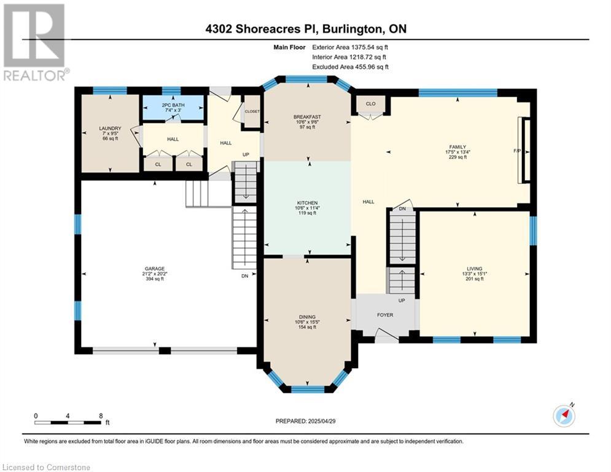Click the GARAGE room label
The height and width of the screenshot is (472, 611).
(x=155, y=269)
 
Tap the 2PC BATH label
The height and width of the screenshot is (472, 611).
(x=173, y=105)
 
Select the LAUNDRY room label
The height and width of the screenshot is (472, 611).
(x=111, y=128)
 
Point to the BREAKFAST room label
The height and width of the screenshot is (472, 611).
(x=307, y=117)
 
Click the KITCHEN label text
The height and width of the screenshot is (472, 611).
(x=307, y=203)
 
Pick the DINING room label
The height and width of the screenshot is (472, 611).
(x=307, y=317)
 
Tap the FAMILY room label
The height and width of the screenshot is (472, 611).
(x=457, y=147)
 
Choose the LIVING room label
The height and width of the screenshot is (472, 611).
(x=475, y=269)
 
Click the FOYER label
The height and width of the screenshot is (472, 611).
(x=385, y=315)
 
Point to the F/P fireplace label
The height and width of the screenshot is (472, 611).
(x=518, y=151)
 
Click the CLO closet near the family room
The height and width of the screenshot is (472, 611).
(x=370, y=104)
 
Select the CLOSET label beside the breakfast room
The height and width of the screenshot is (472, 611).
(x=252, y=112)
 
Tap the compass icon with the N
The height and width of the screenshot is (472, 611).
(x=564, y=415)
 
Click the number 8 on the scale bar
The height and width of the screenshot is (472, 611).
(x=101, y=416)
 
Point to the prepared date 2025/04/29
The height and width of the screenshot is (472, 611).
(x=322, y=421)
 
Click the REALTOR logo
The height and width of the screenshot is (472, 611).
(x=36, y=42)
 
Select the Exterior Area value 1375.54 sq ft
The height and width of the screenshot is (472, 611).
(x=370, y=47)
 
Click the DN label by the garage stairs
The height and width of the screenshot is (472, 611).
(x=245, y=276)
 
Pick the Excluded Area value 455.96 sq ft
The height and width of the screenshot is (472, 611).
(x=370, y=67)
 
